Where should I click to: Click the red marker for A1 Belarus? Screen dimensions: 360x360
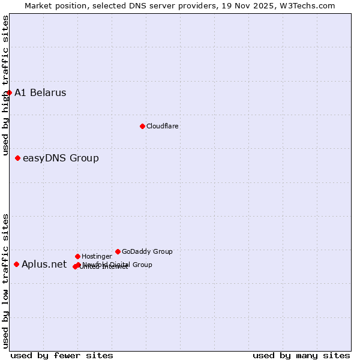click(9, 92)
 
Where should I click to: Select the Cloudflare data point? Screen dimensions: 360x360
click(142, 126)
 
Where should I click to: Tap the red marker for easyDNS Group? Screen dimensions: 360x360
click(17, 158)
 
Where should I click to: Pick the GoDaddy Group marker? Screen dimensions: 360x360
click(118, 251)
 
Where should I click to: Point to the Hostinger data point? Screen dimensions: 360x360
click(77, 256)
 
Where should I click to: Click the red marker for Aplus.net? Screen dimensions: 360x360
click(16, 264)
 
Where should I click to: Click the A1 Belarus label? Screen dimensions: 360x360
click(40, 92)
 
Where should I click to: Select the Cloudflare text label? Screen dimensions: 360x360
click(162, 126)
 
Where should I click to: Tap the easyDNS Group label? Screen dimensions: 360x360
click(61, 158)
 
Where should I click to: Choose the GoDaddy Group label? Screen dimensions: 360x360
click(147, 251)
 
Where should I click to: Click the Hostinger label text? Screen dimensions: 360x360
click(97, 256)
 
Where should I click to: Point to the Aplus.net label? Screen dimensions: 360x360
click(44, 264)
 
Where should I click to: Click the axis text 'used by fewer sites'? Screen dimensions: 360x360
click(62, 355)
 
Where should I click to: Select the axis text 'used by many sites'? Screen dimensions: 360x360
click(301, 355)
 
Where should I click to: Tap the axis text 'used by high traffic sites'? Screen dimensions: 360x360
click(5, 86)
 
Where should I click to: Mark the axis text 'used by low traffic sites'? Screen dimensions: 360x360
click(5, 281)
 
